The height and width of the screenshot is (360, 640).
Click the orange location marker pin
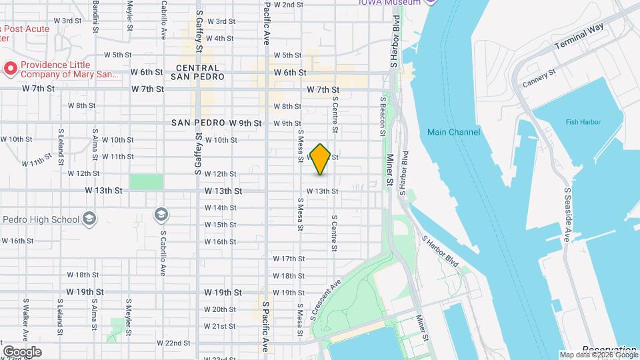321,159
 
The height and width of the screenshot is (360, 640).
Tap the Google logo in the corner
22,351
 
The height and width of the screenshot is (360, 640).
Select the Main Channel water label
453,132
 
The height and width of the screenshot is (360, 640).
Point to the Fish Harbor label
583,122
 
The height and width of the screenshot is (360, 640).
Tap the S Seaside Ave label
568,215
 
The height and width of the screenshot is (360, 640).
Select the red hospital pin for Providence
10,67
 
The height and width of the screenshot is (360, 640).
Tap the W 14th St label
220,207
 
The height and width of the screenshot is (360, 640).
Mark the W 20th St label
220,309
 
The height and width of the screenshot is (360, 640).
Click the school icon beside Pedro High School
89,219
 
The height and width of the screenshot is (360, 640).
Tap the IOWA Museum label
389,3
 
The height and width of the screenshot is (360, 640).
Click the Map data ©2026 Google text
597,355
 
